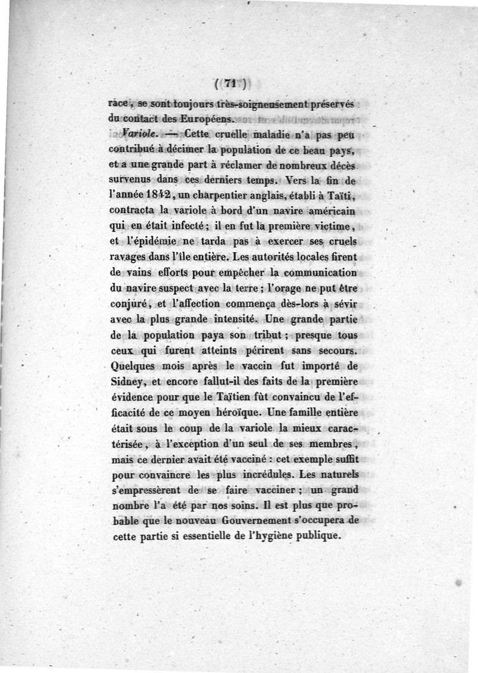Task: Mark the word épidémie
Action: [154, 242]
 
